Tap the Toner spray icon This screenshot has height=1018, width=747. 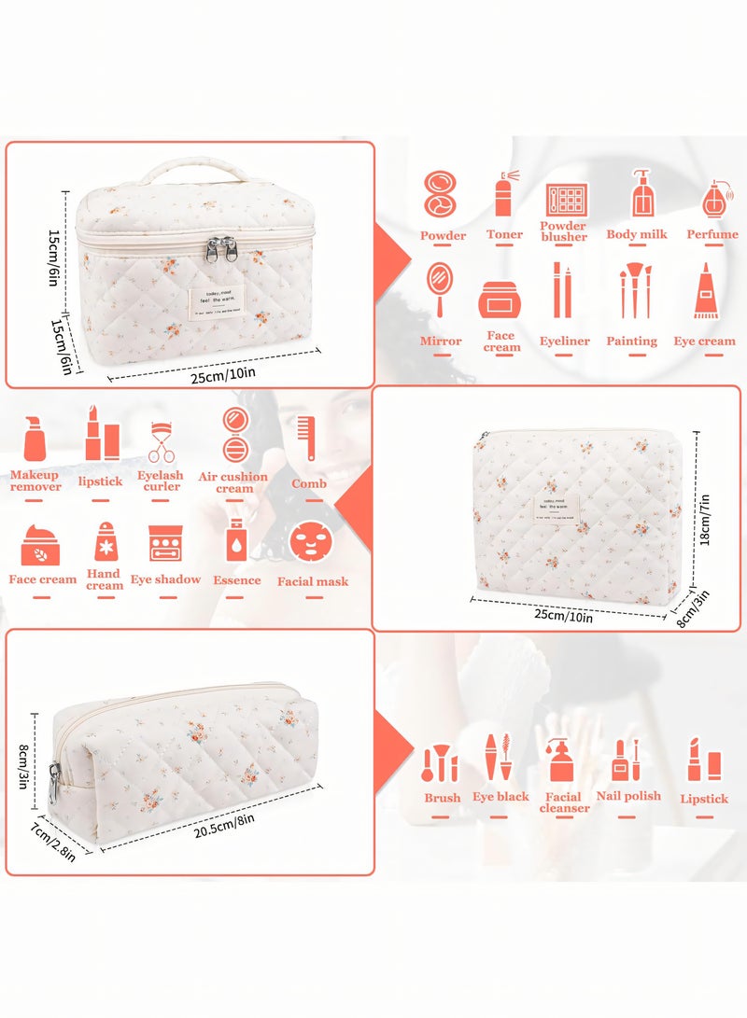(504, 194)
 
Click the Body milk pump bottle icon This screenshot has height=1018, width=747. (641, 193)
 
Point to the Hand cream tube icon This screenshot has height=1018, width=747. (104, 541)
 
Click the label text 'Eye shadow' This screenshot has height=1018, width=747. (165, 579)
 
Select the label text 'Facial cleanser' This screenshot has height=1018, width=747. (564, 802)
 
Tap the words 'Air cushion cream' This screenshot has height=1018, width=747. (233, 482)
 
